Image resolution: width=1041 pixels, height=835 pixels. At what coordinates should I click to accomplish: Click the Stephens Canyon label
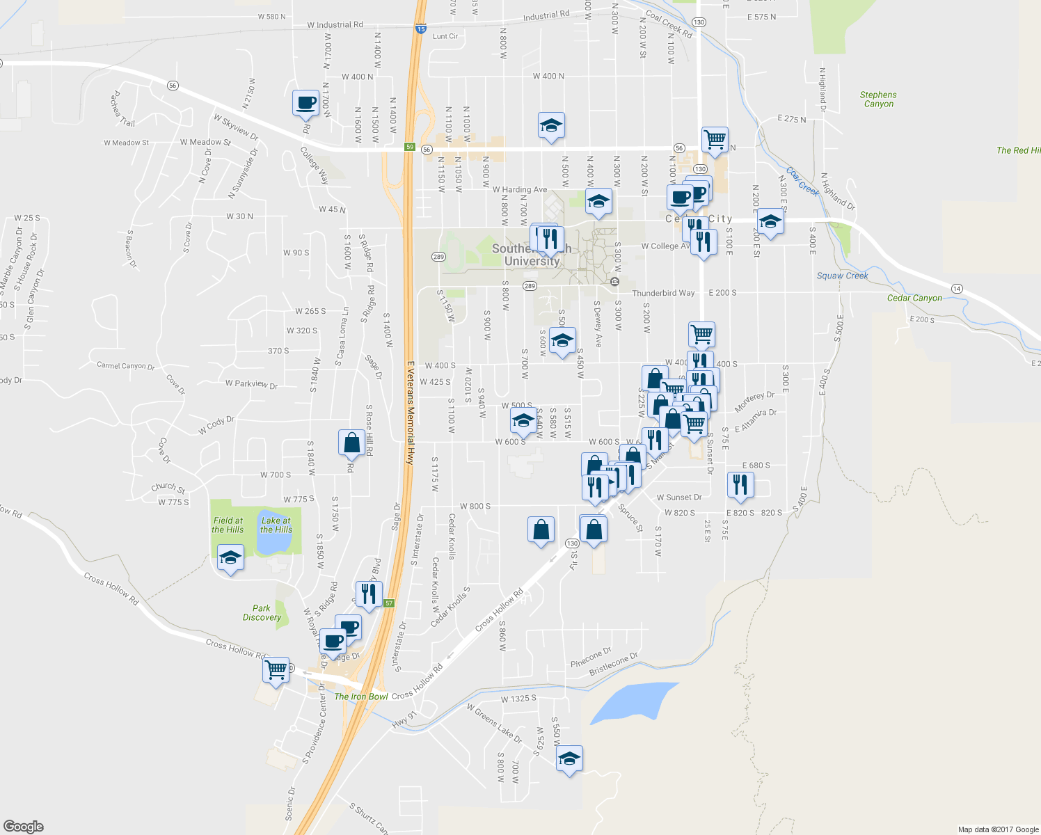(878, 100)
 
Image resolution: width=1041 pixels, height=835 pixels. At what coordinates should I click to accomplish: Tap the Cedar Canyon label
(914, 298)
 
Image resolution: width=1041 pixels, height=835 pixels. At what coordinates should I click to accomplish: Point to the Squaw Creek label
(842, 276)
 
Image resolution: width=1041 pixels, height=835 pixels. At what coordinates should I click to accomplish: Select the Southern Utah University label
(532, 255)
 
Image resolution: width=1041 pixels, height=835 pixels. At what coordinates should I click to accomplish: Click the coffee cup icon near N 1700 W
(305, 102)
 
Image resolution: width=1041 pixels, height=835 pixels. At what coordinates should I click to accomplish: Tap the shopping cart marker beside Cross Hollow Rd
(276, 670)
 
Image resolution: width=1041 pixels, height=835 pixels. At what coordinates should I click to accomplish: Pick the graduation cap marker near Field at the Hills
(230, 558)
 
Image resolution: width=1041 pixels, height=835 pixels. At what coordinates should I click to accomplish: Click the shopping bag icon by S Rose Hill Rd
(351, 443)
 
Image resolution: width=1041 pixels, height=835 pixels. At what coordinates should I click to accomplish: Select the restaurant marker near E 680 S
(740, 484)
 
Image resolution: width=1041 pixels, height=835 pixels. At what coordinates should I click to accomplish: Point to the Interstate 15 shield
(420, 29)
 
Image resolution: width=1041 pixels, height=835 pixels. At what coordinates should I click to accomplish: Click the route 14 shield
(957, 288)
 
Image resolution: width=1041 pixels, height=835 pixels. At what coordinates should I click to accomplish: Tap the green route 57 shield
(389, 603)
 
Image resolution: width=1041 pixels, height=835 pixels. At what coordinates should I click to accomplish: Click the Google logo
(24, 826)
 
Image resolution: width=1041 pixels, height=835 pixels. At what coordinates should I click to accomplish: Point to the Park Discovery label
(262, 612)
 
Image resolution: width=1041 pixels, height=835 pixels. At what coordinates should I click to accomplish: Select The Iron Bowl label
(361, 697)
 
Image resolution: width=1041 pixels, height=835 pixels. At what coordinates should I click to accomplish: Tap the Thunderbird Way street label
(663, 293)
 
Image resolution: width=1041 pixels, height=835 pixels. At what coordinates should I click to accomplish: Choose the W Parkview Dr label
(251, 384)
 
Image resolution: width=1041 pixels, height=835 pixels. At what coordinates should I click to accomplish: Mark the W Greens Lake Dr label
(494, 723)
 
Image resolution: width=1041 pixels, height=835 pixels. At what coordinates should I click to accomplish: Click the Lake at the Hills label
(276, 525)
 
